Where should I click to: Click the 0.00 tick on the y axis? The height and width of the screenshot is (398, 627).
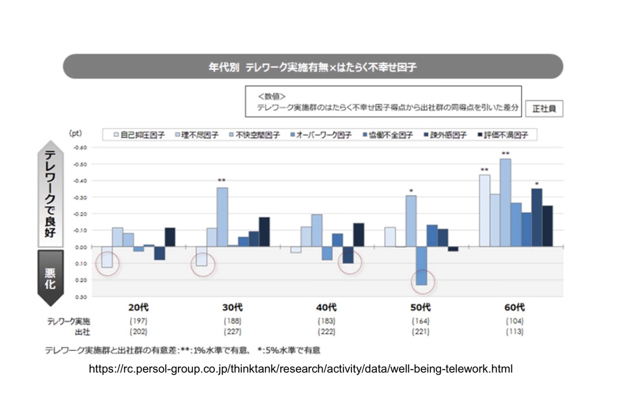pos(81,247)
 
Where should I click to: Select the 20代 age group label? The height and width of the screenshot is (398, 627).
pos(139,307)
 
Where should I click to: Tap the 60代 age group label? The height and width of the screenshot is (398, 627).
pos(514,307)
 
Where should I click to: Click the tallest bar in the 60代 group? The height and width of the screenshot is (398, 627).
pos(505,202)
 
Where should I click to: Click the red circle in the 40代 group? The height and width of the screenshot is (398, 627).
pos(349,262)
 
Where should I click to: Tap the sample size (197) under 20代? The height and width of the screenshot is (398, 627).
pos(139,321)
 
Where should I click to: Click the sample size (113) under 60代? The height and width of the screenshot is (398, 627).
pos(514,332)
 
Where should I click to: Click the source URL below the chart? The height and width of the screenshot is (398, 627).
pos(301,369)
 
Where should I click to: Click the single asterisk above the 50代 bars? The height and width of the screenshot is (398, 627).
pos(411,192)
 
